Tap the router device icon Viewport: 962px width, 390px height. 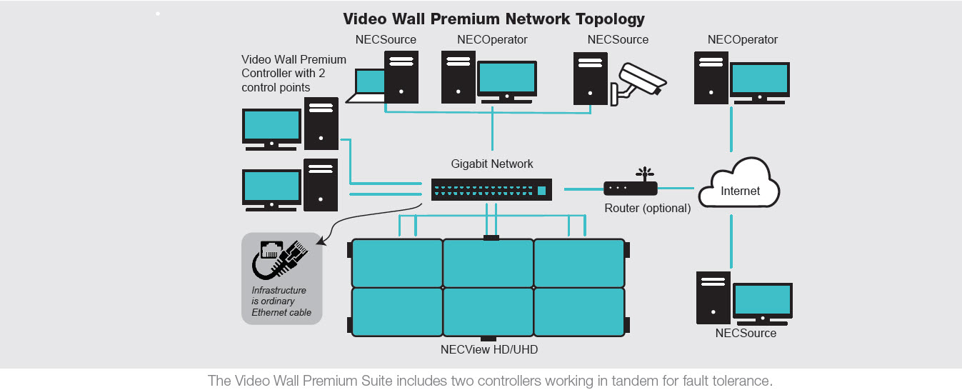[630, 187]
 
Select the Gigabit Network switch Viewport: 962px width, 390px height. [491, 189]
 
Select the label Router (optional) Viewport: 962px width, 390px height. [647, 209]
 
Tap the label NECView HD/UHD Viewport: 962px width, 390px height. [488, 349]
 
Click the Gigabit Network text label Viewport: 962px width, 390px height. [491, 164]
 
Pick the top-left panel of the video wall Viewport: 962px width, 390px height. [397, 262]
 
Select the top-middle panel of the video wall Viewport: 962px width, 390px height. [488, 262]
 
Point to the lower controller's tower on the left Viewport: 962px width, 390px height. [321, 185]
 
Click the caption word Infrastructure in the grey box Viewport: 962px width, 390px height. [279, 291]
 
